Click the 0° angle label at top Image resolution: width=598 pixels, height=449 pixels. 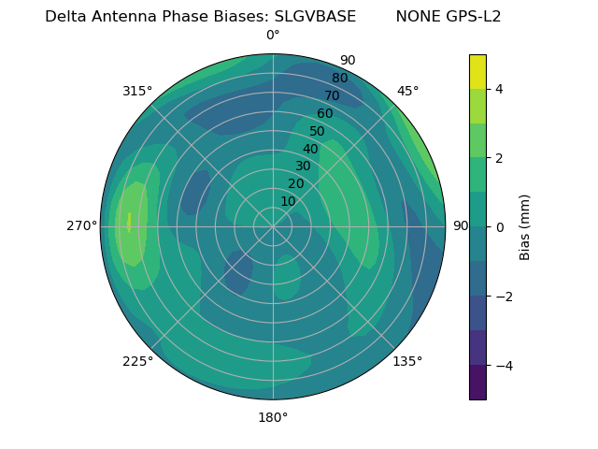273,36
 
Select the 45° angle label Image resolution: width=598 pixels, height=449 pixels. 407,91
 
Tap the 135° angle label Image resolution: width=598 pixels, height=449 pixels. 407,361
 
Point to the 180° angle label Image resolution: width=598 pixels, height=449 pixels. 273,417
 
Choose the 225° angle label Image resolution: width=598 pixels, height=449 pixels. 137,361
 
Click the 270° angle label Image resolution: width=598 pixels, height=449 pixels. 82,225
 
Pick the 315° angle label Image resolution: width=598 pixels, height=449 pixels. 137,91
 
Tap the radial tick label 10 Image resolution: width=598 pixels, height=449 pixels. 288,201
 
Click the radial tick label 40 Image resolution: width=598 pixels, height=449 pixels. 310,149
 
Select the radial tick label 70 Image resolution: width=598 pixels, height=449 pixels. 332,95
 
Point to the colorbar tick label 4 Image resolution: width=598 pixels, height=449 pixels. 499,89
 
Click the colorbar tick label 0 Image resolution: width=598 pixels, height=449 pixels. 499,227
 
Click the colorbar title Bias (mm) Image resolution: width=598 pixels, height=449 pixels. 525,227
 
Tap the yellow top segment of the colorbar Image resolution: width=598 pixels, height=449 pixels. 477,71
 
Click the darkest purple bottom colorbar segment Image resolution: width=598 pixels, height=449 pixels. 477,383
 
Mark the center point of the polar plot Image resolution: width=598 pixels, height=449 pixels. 273,226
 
